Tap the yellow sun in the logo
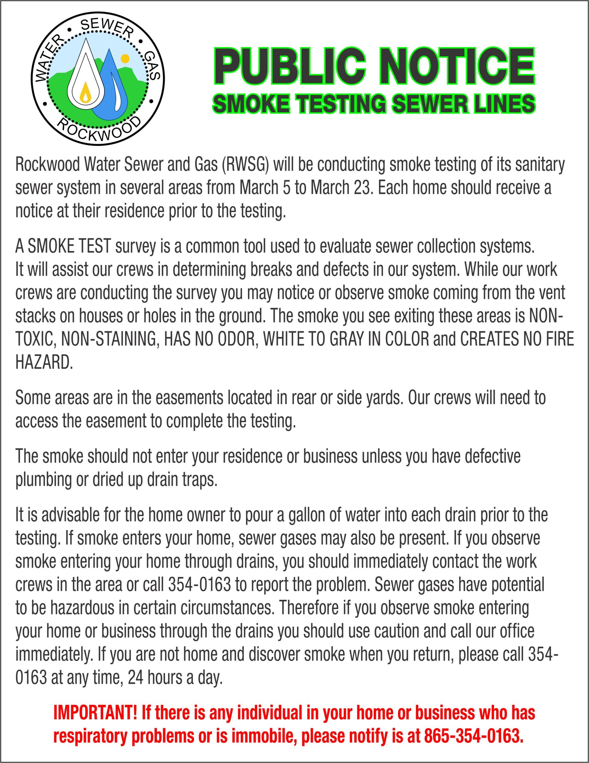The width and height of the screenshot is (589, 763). pos(123,57)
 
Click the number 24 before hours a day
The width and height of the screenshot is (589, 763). pos(135,678)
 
